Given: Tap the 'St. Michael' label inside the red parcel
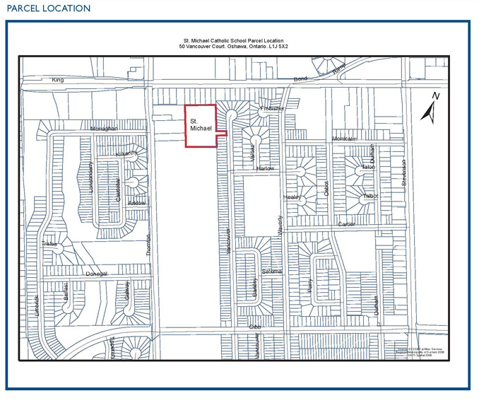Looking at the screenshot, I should [201, 125].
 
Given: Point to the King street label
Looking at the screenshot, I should [57, 80].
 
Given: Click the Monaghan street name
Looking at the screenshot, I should [103, 129].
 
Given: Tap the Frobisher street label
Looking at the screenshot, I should [272, 109].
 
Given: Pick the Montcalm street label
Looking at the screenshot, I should [345, 139].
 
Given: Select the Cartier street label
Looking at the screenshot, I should [346, 224].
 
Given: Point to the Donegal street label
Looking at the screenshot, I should [97, 274].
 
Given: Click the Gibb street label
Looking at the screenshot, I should [255, 327].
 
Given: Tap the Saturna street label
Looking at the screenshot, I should [272, 271].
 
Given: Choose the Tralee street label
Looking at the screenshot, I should [49, 244].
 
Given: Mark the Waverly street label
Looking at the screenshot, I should [280, 226].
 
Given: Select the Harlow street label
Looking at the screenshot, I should [265, 169].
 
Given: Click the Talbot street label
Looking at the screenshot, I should [371, 196].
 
